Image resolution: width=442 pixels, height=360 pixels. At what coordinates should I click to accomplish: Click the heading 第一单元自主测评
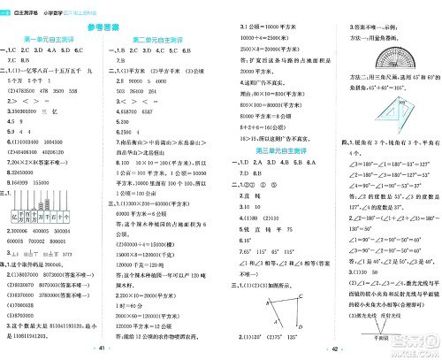[52, 42]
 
